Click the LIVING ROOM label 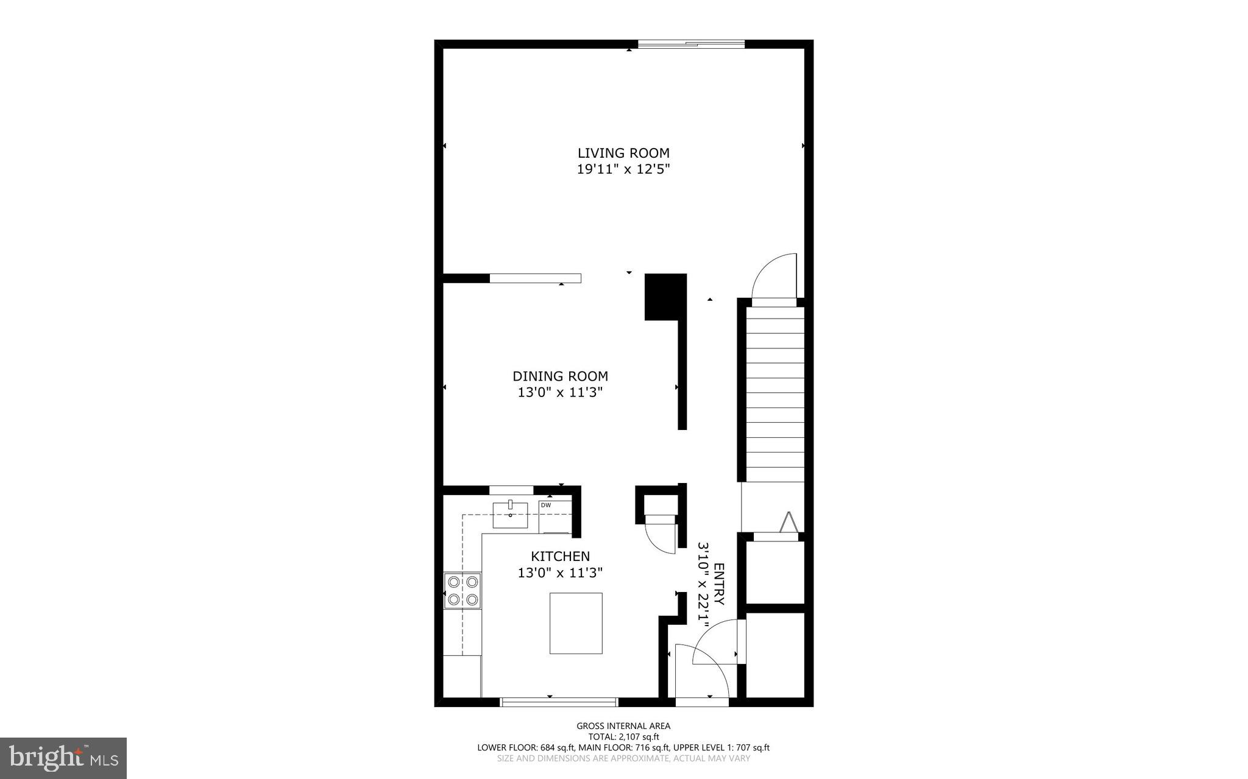coord(623,153)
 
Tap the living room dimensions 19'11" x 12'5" coord(623,169)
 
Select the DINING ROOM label coord(560,376)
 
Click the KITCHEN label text coord(560,556)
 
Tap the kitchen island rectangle coord(576,623)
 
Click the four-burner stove coord(463,590)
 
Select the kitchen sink coord(510,515)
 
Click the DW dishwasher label coord(546,505)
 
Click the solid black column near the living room coord(665,297)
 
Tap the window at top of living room coord(691,44)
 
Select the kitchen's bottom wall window coord(559,702)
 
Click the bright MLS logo coord(63,758)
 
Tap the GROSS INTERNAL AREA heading coord(623,725)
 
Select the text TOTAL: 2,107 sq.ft coord(623,736)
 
